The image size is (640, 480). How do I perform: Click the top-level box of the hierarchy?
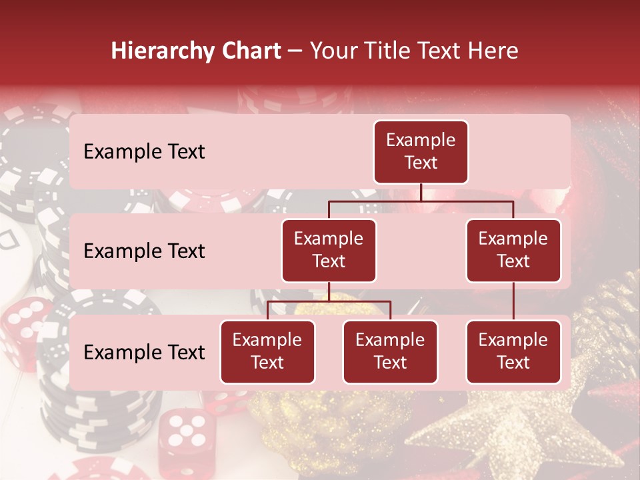click(421, 152)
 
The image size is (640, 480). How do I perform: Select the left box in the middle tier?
click(329, 251)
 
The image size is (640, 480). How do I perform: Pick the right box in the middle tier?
click(513, 251)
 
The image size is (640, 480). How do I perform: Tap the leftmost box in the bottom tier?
click(267, 352)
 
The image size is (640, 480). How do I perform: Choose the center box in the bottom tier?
click(390, 352)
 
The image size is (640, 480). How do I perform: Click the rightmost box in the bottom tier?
click(513, 352)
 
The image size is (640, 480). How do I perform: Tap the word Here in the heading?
click(493, 51)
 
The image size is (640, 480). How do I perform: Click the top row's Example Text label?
click(144, 152)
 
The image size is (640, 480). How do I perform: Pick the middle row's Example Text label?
click(144, 251)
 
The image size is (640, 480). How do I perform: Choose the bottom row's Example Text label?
click(144, 353)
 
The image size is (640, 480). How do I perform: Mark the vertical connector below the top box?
click(421, 192)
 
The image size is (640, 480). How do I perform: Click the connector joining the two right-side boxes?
click(513, 301)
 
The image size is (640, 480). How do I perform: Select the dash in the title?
click(295, 51)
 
